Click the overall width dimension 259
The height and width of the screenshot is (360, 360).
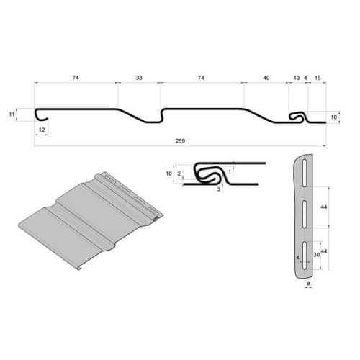click(x=180, y=140)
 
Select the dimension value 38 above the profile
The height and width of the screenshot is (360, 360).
click(x=139, y=78)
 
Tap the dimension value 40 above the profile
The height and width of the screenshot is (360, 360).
click(x=266, y=78)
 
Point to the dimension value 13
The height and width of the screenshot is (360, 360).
click(x=297, y=78)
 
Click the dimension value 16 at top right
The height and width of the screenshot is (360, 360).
click(x=318, y=78)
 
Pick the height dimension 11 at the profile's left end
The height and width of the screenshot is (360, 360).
click(x=12, y=114)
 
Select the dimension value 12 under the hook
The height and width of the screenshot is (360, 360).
click(x=42, y=130)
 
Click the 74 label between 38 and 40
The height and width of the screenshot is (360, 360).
click(x=201, y=78)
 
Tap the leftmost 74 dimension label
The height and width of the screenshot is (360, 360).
click(x=76, y=78)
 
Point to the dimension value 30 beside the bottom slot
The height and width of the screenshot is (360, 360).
click(x=316, y=254)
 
